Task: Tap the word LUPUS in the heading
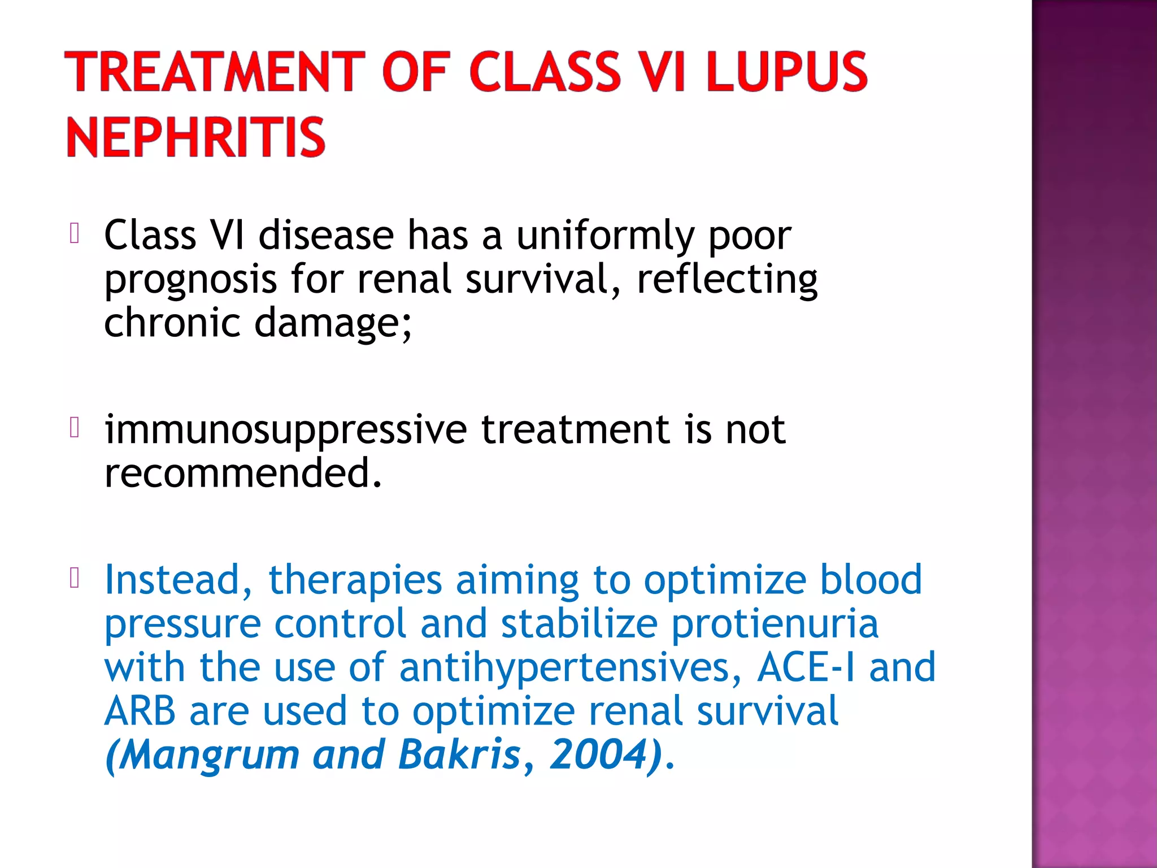[786, 72]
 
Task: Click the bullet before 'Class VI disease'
[74, 233]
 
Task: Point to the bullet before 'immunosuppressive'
[74, 427]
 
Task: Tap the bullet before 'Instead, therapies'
[74, 578]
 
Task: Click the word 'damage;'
[333, 323]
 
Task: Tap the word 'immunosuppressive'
[285, 429]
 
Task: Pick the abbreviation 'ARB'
[140, 711]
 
